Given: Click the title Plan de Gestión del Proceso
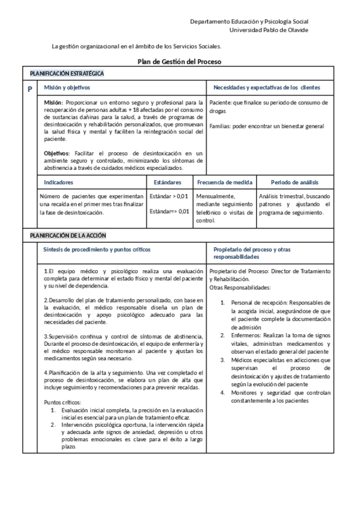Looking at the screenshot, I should (x=181, y=61).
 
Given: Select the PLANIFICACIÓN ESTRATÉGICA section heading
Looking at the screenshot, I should (x=67, y=73).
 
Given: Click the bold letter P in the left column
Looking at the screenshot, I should (x=30, y=89).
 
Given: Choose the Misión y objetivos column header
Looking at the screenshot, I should (x=67, y=88).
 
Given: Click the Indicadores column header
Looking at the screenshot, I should (x=59, y=182).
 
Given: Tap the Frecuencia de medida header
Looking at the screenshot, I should (x=225, y=182).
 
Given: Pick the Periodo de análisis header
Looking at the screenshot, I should (x=295, y=182).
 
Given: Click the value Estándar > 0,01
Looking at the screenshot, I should (x=169, y=196).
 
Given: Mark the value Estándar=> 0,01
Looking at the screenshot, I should (x=169, y=211).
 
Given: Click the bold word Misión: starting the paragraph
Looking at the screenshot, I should (x=53, y=103).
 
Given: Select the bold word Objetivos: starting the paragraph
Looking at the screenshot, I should (x=57, y=154).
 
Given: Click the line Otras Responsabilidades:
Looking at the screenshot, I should (x=240, y=287).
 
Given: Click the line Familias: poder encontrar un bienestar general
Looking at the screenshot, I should (x=266, y=126).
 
